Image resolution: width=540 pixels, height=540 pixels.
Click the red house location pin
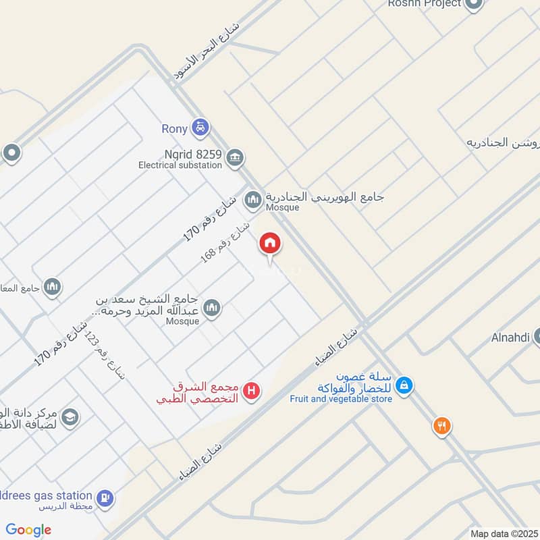click(270, 244)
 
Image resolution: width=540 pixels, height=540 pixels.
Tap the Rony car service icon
click(200, 126)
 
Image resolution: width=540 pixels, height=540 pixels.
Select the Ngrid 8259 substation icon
click(235, 158)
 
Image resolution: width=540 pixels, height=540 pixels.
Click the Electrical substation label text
click(180, 165)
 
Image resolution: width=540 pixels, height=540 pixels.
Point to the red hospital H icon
click(252, 390)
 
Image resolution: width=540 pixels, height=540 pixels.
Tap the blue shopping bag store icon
click(404, 385)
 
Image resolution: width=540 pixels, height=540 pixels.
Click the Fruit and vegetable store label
click(341, 399)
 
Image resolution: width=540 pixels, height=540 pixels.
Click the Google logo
click(28, 530)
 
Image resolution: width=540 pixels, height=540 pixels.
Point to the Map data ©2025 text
click(503, 533)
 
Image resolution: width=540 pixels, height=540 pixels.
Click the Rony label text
click(174, 128)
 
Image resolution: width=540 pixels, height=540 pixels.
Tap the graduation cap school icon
click(70, 417)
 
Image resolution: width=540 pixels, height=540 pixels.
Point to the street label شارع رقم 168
click(225, 243)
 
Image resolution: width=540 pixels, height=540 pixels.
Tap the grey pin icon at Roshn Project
click(474, 4)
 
